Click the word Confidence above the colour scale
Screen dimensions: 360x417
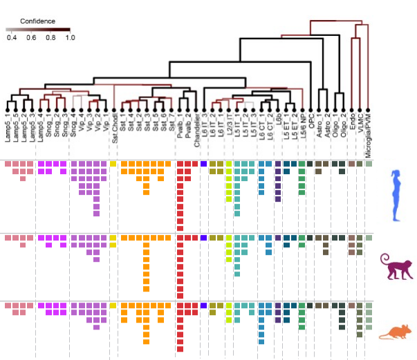[37, 21]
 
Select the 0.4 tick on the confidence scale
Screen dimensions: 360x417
[12, 38]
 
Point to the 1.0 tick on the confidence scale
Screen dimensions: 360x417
[70, 38]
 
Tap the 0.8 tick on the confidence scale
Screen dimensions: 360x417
[50, 38]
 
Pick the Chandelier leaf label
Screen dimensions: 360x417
[196, 129]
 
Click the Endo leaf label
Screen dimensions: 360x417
[353, 123]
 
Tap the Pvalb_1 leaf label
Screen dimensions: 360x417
[180, 128]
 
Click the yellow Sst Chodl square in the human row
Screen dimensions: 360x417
[113, 164]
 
